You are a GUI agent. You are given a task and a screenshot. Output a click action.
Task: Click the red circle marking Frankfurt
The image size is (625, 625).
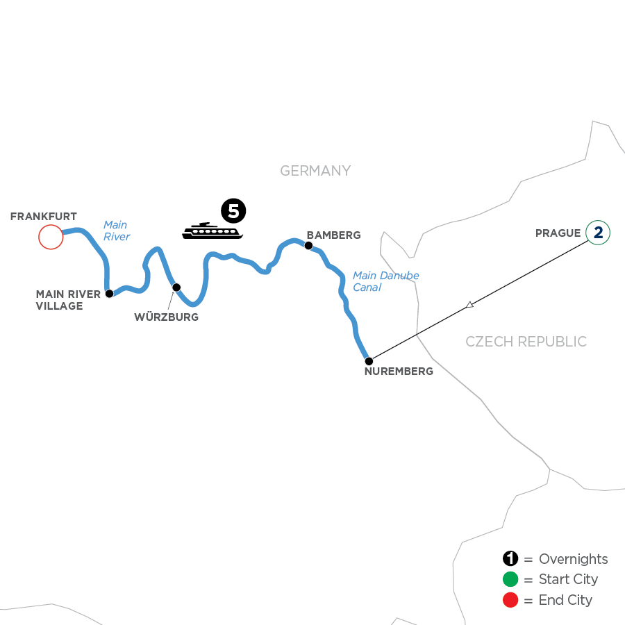[x=51, y=237]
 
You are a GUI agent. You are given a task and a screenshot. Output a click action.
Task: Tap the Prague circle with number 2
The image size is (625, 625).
[x=597, y=233]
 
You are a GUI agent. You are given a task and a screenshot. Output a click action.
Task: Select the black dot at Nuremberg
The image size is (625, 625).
[x=369, y=361]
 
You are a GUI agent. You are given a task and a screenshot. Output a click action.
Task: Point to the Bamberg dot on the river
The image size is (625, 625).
[x=308, y=245]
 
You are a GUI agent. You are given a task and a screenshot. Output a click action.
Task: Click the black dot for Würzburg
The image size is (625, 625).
[x=176, y=287]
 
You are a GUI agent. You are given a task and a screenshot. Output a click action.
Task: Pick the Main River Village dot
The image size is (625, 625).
[x=109, y=294]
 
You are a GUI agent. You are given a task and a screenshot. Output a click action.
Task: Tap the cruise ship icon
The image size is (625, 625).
[x=212, y=231]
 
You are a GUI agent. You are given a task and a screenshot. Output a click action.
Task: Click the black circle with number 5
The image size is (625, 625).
[x=233, y=210]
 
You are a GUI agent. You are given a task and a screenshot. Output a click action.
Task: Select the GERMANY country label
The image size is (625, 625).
[x=315, y=171]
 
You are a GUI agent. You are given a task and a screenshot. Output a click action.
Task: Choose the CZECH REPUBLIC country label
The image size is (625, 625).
[x=526, y=342]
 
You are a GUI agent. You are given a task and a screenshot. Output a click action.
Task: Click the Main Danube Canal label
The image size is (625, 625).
[x=385, y=281]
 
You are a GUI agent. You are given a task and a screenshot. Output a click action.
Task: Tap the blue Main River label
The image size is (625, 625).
[x=116, y=231]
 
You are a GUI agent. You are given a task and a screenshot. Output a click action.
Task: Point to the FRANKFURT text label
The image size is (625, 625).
[x=43, y=217]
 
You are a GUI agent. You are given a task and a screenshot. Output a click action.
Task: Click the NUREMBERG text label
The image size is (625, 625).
[x=399, y=372]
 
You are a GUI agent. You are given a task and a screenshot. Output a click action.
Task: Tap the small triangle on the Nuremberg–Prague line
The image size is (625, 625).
[x=470, y=304]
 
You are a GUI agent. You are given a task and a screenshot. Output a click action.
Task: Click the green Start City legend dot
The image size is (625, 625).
[x=511, y=579]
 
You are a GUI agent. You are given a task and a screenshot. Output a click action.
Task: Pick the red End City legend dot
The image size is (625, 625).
[x=511, y=600]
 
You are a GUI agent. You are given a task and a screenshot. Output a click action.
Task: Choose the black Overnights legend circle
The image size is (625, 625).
[x=511, y=559]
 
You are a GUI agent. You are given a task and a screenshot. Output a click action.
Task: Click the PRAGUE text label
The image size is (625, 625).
[x=558, y=233]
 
